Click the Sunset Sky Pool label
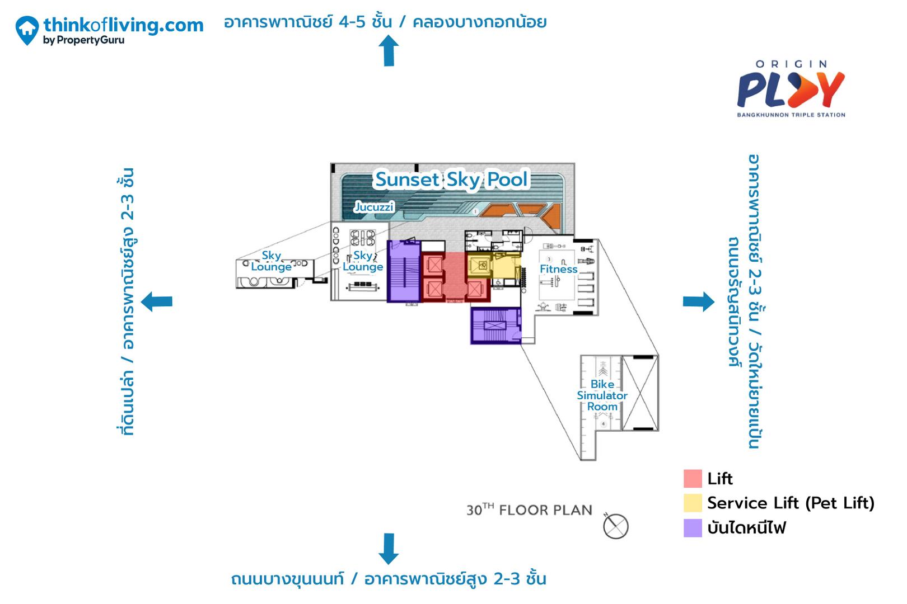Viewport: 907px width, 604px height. (x=451, y=180)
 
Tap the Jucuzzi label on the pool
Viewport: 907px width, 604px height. (x=374, y=207)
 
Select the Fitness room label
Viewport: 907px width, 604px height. (x=558, y=269)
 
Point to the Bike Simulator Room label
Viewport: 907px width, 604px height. (x=602, y=395)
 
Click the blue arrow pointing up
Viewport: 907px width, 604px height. (x=389, y=51)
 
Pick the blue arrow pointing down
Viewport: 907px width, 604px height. (x=389, y=549)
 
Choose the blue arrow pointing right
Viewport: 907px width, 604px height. (x=699, y=301)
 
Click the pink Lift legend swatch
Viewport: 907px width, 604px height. (x=693, y=479)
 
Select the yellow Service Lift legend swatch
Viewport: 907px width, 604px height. (x=693, y=503)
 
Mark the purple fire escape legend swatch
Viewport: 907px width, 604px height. (x=693, y=528)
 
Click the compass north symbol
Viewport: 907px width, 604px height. (x=615, y=526)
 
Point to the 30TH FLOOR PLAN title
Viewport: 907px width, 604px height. (x=529, y=510)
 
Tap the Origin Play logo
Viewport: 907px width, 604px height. (x=791, y=89)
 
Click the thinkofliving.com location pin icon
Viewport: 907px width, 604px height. (x=27, y=30)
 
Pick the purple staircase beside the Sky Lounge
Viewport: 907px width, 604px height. (x=404, y=271)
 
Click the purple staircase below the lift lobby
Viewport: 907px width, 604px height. (x=495, y=325)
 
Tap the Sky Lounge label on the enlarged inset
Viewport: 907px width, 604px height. (x=272, y=261)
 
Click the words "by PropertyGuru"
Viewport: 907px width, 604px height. (x=84, y=40)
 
